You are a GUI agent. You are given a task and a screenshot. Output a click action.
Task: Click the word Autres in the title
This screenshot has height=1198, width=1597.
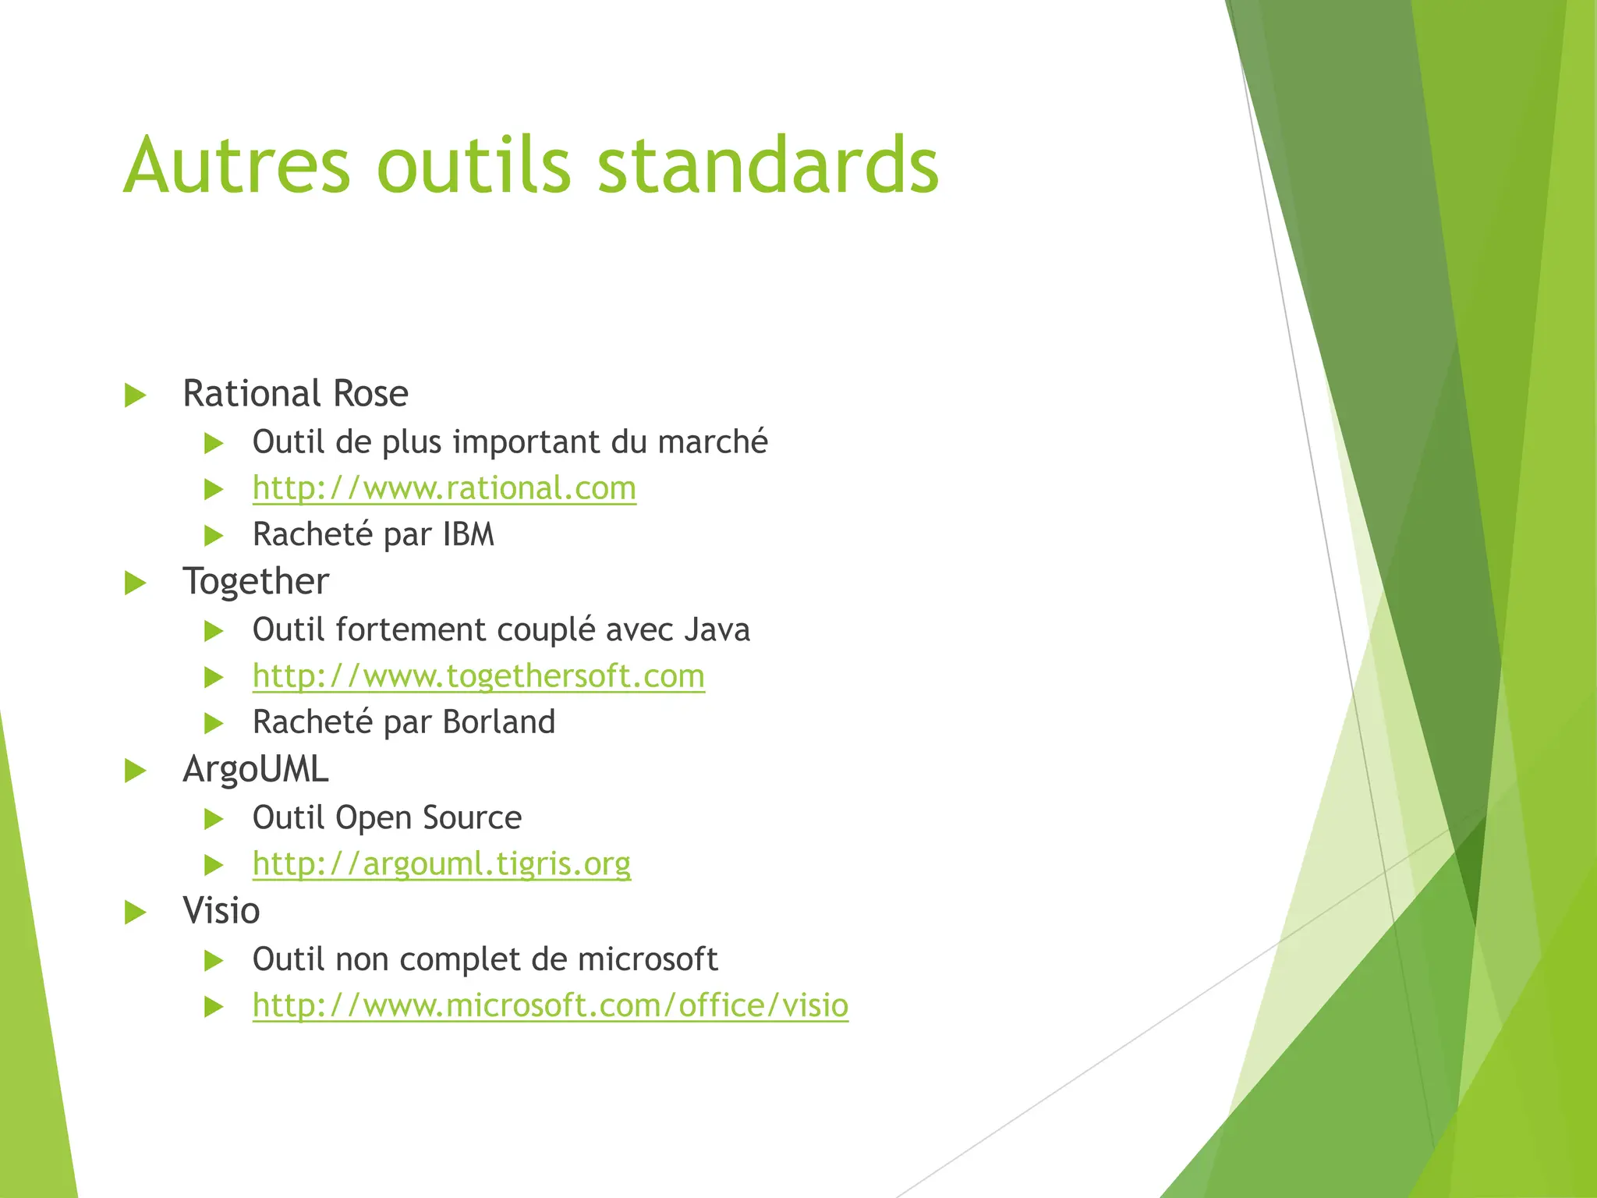point(237,165)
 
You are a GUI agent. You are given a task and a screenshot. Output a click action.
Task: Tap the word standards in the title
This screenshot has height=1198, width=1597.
point(767,165)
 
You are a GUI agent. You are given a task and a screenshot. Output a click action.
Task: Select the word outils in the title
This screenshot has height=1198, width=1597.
point(474,165)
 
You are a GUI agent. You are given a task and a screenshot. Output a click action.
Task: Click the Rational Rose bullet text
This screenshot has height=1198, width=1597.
point(295,393)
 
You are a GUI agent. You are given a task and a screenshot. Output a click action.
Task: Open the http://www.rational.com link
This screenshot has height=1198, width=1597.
point(444,488)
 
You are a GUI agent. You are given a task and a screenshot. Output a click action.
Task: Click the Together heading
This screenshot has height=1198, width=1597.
point(256,582)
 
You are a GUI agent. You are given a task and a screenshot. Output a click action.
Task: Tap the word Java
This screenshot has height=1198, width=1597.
point(717,630)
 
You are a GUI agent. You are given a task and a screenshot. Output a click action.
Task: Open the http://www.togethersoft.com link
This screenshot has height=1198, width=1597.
point(478,676)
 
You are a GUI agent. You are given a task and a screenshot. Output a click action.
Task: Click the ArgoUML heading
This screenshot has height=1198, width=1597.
point(256,770)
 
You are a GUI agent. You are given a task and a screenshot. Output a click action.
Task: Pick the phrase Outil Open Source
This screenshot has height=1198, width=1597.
point(387,818)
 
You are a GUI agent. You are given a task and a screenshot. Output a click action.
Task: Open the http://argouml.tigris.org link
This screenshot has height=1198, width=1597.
point(441,864)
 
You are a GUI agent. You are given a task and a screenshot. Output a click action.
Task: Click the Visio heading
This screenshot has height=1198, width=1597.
point(221,911)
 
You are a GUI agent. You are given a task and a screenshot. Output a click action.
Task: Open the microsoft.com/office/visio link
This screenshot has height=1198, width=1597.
point(550,1006)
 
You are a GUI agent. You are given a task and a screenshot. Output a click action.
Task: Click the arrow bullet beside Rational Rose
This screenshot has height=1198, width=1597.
point(136,395)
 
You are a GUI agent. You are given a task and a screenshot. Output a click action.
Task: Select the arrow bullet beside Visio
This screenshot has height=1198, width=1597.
point(136,913)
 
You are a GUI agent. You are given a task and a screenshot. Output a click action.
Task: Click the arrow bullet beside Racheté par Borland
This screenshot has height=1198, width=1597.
point(214,724)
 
